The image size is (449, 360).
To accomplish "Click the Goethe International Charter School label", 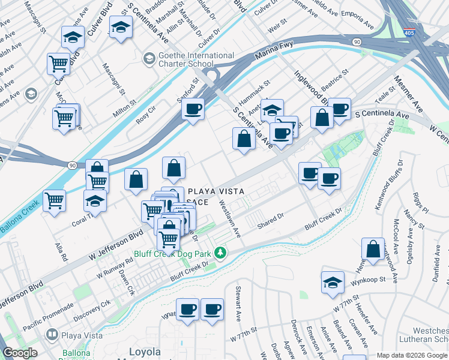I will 187,59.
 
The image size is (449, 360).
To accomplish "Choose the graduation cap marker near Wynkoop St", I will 333,281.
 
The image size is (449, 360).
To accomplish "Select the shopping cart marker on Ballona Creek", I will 54,201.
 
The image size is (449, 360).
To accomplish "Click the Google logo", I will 20,353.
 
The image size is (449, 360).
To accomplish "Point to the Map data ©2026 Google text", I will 412,355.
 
